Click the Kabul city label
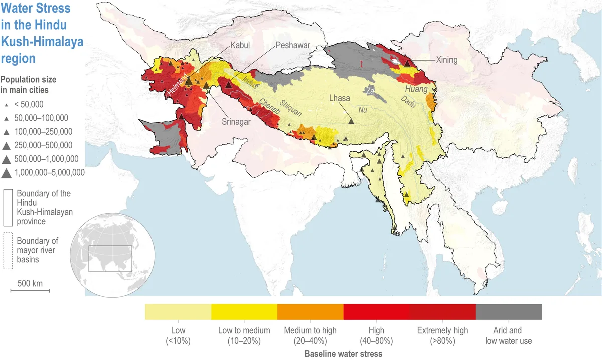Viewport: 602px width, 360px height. [x=240, y=45]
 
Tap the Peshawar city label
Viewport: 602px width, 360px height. [x=293, y=45]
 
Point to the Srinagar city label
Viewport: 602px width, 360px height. [x=237, y=121]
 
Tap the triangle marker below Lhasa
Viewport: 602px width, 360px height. [x=351, y=120]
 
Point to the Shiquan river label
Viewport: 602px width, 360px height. [x=291, y=106]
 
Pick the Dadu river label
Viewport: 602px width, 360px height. [x=409, y=100]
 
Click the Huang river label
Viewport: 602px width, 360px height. [x=417, y=89]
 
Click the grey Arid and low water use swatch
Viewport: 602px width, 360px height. [x=508, y=311]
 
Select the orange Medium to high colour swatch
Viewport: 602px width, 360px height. [x=310, y=311]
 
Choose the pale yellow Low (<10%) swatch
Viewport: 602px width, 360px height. [x=178, y=311]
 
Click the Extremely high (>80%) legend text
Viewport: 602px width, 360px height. [x=442, y=335]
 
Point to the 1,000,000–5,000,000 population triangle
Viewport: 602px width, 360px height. [x=8, y=173]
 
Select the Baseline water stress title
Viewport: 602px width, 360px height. [x=343, y=354]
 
